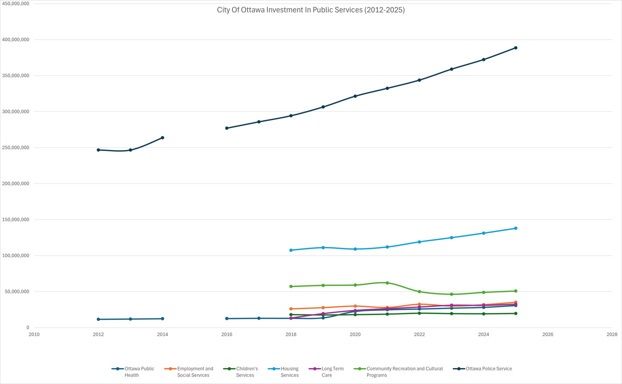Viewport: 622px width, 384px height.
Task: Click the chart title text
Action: click(x=311, y=10)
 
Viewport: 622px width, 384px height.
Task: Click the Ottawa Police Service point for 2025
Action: click(x=515, y=48)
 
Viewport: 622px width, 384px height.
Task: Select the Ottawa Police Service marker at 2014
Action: click(x=162, y=138)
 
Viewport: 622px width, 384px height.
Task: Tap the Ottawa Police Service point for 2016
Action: click(x=227, y=128)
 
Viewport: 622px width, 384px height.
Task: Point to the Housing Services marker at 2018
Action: click(x=291, y=250)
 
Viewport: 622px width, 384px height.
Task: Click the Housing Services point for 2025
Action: click(x=515, y=228)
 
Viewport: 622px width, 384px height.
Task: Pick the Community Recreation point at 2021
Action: click(x=387, y=283)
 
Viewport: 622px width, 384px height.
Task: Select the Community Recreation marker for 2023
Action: click(x=451, y=294)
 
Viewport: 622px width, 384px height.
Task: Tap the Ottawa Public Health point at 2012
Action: click(x=98, y=319)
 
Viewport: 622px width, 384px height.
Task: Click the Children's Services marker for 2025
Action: click(x=515, y=313)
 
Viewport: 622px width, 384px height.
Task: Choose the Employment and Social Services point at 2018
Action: click(x=291, y=309)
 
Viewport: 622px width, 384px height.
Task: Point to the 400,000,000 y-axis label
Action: click(x=16, y=40)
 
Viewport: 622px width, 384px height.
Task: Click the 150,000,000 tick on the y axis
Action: click(x=16, y=220)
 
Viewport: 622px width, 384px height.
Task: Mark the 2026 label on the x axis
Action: click(x=547, y=334)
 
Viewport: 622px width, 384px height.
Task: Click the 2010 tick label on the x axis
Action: click(x=34, y=334)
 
